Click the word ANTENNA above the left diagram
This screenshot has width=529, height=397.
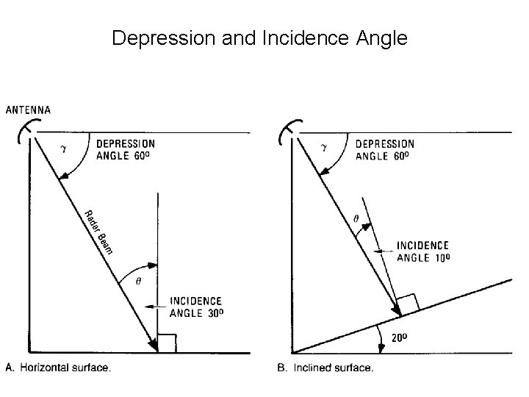[x=29, y=110]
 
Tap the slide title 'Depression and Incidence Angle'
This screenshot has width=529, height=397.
[x=259, y=38]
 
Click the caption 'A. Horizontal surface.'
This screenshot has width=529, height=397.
[x=60, y=368]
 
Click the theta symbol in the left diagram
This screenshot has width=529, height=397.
[x=139, y=280]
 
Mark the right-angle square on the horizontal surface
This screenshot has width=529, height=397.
[x=168, y=343]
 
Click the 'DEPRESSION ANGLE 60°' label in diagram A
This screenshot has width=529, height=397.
[x=126, y=149]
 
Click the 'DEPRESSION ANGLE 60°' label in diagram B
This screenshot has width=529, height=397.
[x=384, y=149]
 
